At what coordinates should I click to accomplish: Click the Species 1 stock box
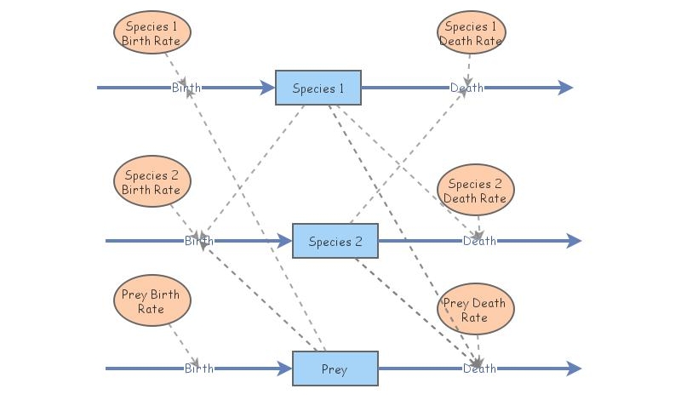pyautogui.click(x=318, y=88)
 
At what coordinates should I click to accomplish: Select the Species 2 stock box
pyautogui.click(x=335, y=241)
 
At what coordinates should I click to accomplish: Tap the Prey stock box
pyautogui.click(x=335, y=369)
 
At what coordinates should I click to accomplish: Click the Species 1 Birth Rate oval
pyautogui.click(x=152, y=33)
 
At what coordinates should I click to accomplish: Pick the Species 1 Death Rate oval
pyautogui.click(x=471, y=33)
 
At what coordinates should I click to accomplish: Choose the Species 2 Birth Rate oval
pyautogui.click(x=152, y=182)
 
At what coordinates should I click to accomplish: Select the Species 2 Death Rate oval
pyautogui.click(x=476, y=191)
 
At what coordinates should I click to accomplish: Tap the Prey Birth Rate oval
pyautogui.click(x=152, y=301)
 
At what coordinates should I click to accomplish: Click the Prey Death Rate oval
pyautogui.click(x=475, y=309)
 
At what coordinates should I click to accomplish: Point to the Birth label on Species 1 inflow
pyautogui.click(x=186, y=88)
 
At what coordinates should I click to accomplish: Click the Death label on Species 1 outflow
pyautogui.click(x=466, y=88)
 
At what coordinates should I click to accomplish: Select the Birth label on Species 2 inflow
pyautogui.click(x=199, y=241)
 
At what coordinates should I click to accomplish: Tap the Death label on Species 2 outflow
pyautogui.click(x=479, y=241)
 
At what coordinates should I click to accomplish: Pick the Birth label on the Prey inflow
pyautogui.click(x=199, y=369)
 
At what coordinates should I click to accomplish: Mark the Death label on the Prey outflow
pyautogui.click(x=479, y=369)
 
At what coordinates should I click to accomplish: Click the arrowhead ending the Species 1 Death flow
pyautogui.click(x=566, y=88)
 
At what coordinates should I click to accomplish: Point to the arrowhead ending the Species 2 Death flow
pyautogui.click(x=575, y=241)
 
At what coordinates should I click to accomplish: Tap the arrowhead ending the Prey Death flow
pyautogui.click(x=575, y=369)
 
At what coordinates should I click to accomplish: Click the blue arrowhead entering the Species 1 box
pyautogui.click(x=267, y=88)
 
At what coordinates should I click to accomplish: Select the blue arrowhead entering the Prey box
pyautogui.click(x=284, y=369)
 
